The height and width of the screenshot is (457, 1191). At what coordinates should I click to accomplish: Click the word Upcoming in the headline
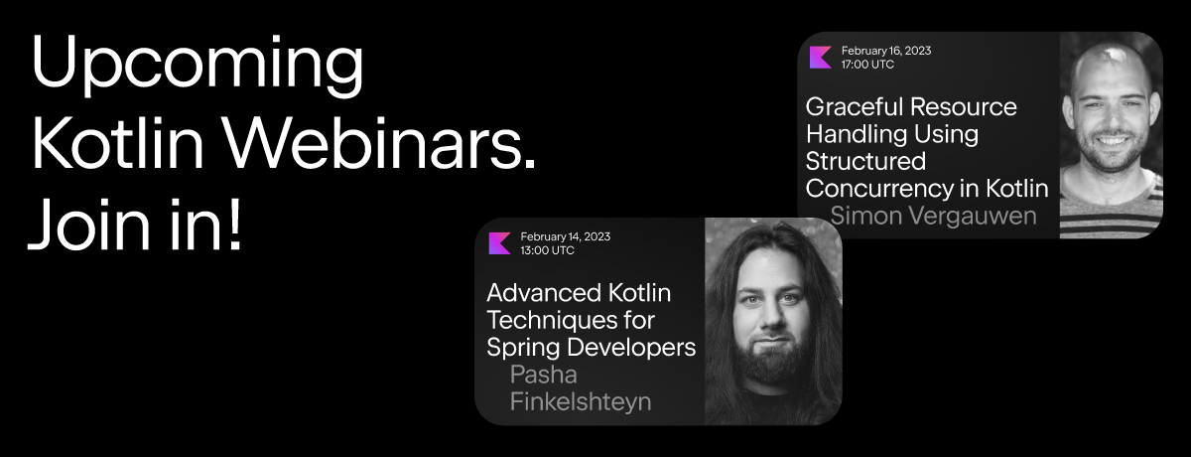point(198,66)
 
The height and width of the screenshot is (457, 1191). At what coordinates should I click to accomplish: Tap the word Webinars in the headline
point(379,143)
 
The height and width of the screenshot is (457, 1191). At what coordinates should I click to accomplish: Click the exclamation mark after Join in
point(235,223)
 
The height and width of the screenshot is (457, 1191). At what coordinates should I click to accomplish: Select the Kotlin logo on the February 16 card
point(821,58)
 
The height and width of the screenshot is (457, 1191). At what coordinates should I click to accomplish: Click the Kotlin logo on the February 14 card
point(500,243)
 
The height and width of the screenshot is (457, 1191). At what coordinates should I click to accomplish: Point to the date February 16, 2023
point(886,51)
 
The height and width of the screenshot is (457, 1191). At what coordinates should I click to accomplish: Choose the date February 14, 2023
point(565,236)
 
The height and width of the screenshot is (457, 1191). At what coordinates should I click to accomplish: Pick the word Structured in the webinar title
point(865,161)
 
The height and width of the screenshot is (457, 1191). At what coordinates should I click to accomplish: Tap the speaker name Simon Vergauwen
point(933,216)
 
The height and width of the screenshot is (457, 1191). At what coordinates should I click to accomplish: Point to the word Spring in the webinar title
point(523,348)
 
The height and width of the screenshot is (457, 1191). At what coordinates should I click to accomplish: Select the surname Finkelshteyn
point(581,401)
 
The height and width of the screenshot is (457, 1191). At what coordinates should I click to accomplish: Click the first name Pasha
point(544,375)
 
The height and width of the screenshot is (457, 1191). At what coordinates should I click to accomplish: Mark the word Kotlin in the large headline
point(118,143)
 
